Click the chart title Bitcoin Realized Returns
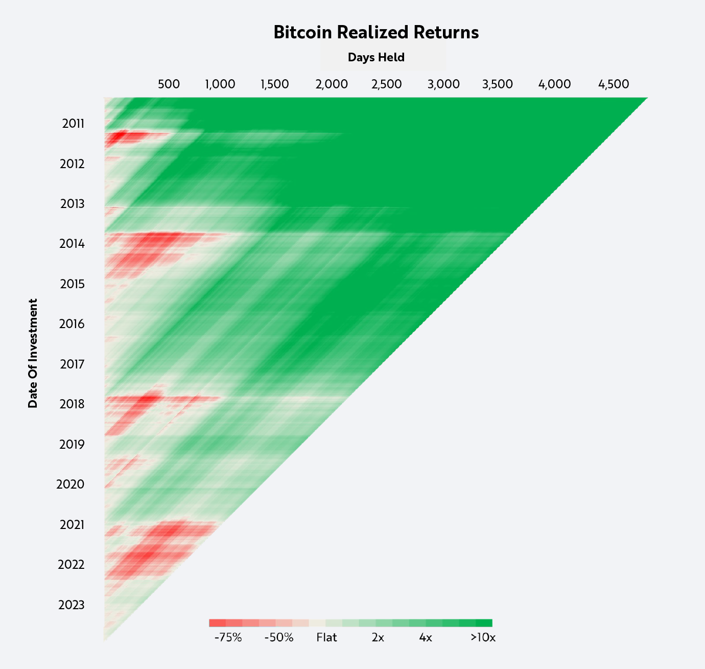[x=376, y=32]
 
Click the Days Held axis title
[x=376, y=57]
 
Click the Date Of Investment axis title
[x=33, y=354]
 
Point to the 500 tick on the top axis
[x=169, y=84]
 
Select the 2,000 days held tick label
[x=332, y=84]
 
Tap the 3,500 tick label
[x=497, y=84]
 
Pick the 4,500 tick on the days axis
[x=613, y=84]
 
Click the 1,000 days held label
[x=220, y=84]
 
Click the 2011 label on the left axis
[x=73, y=124]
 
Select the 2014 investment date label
[x=72, y=244]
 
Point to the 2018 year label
[x=72, y=404]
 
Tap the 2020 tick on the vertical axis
[x=70, y=485]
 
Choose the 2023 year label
[x=72, y=605]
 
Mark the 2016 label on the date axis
[x=72, y=324]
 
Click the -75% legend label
[x=228, y=638]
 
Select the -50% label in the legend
[x=279, y=638]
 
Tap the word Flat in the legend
[x=326, y=638]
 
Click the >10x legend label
[x=483, y=638]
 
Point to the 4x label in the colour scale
[x=426, y=638]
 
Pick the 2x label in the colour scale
[x=378, y=638]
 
